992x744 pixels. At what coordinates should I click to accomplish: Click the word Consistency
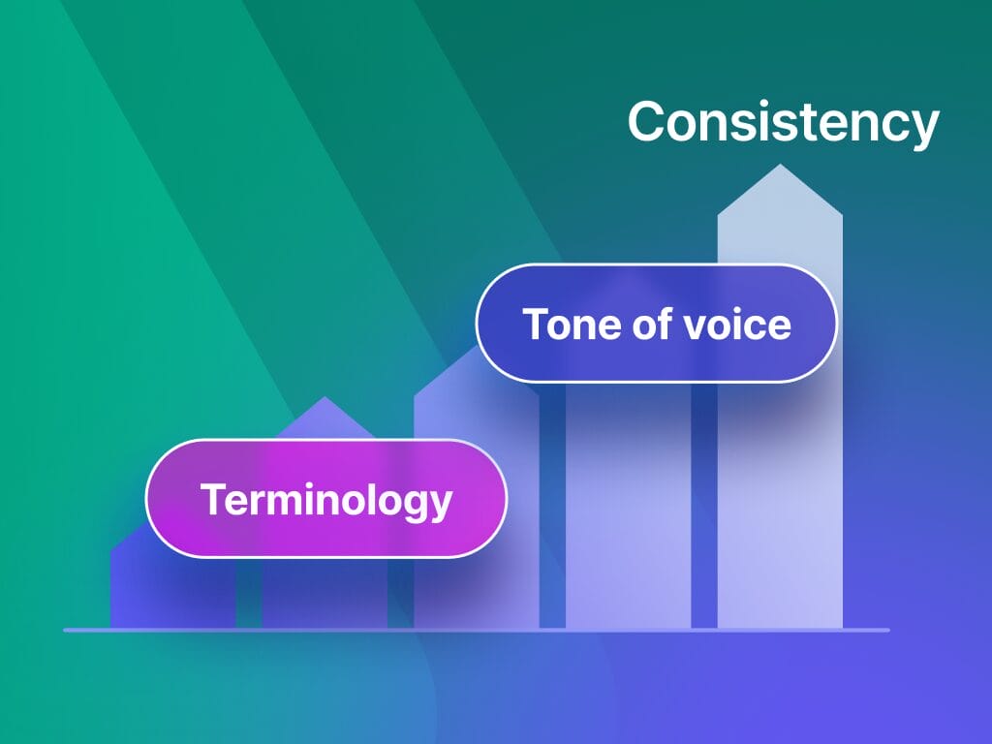pos(783,123)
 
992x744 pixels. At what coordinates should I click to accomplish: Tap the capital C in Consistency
pos(648,122)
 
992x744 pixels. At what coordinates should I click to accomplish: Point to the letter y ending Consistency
pos(924,128)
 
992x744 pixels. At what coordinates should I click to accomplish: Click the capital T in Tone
pos(536,324)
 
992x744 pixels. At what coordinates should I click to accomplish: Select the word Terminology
pos(325,500)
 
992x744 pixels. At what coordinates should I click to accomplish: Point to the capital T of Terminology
pos(211,500)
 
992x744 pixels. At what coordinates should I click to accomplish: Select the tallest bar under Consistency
pos(780,484)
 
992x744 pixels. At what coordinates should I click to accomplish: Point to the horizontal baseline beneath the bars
pos(475,630)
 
